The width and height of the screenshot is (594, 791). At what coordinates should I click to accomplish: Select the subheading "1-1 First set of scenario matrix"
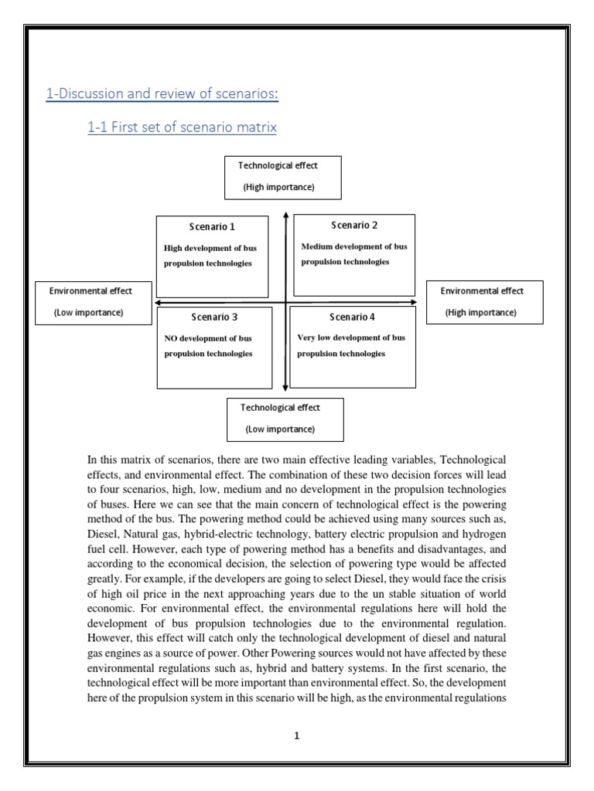point(182,127)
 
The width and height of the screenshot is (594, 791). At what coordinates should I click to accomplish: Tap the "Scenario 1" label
point(212,227)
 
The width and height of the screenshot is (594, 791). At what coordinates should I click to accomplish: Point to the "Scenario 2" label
point(354,226)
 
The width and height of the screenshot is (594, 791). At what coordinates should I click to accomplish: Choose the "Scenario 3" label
point(214,317)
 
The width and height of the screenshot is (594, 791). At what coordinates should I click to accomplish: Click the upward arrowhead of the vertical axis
point(286,217)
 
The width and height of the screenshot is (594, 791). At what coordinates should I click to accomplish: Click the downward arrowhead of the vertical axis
point(286,385)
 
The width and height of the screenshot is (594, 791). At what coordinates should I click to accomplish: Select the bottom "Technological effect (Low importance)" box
point(285,419)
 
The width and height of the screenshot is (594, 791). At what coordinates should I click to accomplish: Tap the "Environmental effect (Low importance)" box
point(90,302)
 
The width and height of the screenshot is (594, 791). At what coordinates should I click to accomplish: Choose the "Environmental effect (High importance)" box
point(484,302)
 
